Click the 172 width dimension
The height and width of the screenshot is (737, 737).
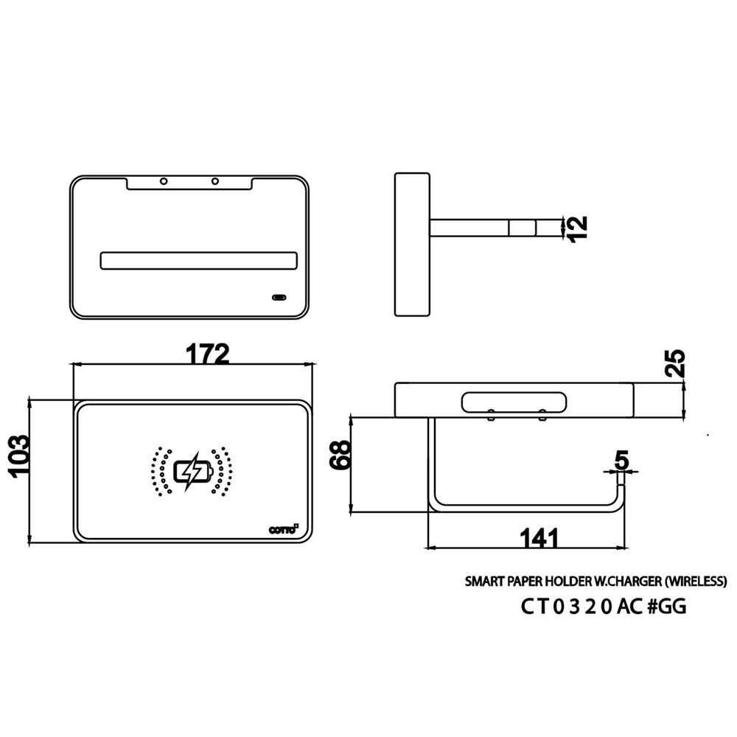coord(207,354)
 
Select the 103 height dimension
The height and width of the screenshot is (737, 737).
coord(21,457)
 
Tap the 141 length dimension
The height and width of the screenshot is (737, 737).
coord(539,538)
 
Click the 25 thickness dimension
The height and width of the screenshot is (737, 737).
coord(675,363)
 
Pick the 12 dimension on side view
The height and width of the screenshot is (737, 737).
coord(578,229)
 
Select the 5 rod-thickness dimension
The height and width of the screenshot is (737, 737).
coord(621,460)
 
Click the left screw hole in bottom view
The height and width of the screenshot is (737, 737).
coord(164,181)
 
